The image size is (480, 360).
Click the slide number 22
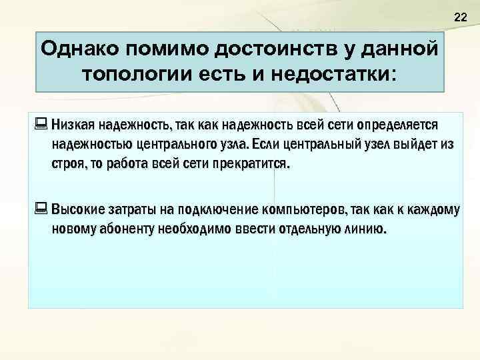click(x=460, y=17)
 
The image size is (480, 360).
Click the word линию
click(x=367, y=230)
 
